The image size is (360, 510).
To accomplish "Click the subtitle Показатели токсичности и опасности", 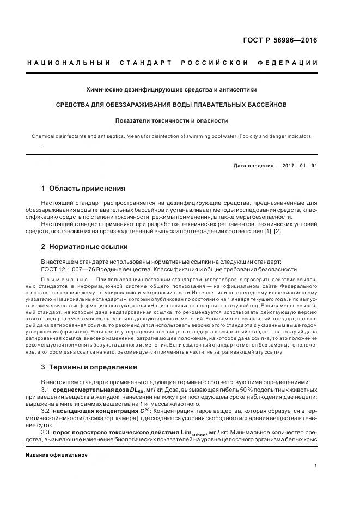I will pos(172,120).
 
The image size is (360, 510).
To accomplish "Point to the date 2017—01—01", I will pos(299,166).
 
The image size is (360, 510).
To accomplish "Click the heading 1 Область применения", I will pos(83,189).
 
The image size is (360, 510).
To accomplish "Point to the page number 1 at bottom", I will pos(316,466).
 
